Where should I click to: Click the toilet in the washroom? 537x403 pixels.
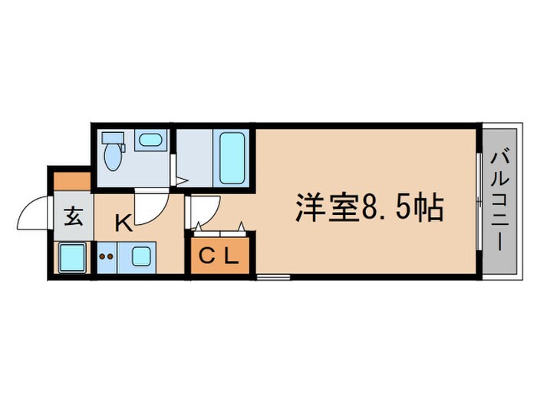(x=114, y=152)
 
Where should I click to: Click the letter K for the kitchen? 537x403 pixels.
(x=122, y=223)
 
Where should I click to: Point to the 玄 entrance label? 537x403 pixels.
(x=73, y=216)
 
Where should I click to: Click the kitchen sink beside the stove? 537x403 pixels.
(x=143, y=256)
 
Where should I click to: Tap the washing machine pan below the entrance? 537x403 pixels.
(x=72, y=256)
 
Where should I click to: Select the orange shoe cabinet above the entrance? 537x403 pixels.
(x=71, y=182)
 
